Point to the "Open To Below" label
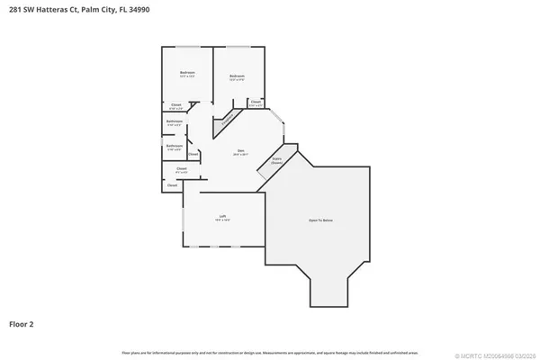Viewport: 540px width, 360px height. (x=321, y=219)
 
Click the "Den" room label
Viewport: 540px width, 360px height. (x=240, y=149)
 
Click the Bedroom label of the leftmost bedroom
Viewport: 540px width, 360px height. (x=187, y=72)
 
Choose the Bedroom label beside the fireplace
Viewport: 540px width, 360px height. (x=237, y=76)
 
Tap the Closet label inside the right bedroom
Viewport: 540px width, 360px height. (x=256, y=102)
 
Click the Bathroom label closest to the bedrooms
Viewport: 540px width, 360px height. (x=175, y=121)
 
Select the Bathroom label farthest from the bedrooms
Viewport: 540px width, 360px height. (x=175, y=145)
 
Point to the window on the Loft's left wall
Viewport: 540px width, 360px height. (x=184, y=219)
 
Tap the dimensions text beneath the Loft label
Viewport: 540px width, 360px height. (x=222, y=220)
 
